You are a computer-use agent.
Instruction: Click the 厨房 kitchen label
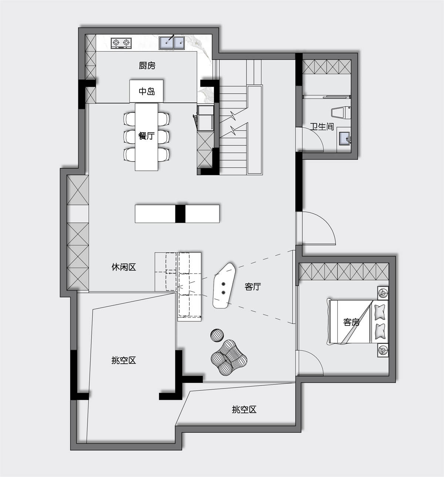(147, 65)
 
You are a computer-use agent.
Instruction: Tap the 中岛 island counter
(147, 91)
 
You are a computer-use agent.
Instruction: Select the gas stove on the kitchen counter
(121, 43)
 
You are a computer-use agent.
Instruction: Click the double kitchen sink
(172, 43)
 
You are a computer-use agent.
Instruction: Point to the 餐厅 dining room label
(146, 136)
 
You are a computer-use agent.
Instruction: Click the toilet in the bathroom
(341, 112)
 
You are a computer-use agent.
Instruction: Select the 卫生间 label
(322, 127)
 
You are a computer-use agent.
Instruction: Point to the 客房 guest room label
(351, 322)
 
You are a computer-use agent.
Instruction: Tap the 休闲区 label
(124, 267)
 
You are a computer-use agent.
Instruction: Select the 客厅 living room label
(253, 286)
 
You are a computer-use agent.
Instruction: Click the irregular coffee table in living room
(224, 285)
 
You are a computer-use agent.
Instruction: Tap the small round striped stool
(218, 335)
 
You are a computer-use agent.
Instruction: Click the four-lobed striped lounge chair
(229, 357)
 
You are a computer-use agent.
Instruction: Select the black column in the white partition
(180, 214)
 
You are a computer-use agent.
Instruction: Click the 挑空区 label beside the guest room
(244, 410)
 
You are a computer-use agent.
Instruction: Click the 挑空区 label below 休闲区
(124, 360)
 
